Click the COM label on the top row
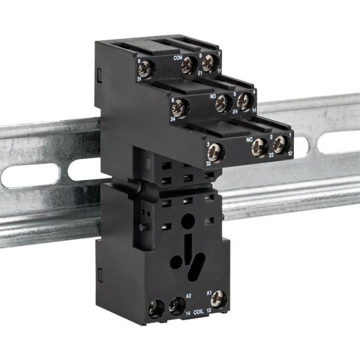(178, 58)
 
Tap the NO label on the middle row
(212, 95)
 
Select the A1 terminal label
(209, 293)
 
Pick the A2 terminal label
(188, 296)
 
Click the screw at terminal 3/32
(215, 152)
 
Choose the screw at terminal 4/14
(244, 101)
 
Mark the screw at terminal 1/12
(280, 144)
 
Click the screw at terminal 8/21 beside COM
(190, 65)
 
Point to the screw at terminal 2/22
(260, 145)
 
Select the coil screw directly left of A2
(176, 306)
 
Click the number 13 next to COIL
(208, 311)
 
